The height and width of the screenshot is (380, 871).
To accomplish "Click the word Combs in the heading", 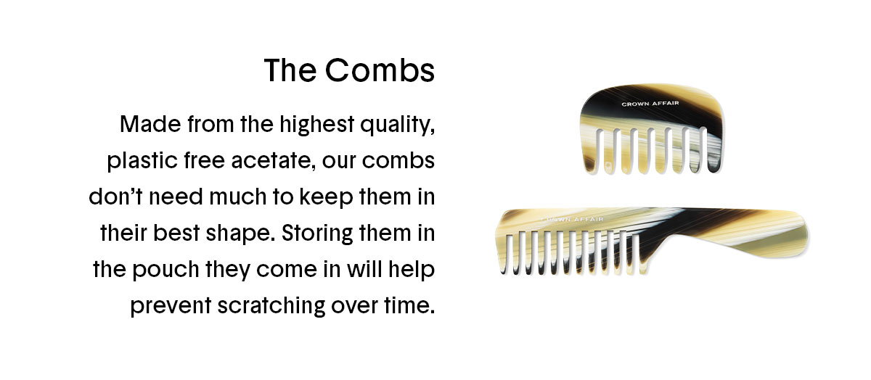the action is [380, 70].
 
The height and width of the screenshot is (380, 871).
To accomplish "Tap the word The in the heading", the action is [290, 70].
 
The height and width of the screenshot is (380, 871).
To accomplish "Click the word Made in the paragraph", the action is [150, 124].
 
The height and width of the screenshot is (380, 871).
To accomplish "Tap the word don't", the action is [116, 197].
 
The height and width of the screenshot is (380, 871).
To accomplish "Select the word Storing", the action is [317, 234].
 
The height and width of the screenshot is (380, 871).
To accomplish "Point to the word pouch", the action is [166, 270].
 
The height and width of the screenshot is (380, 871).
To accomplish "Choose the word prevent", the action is [171, 306].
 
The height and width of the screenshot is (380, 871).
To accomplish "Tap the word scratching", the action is [271, 306].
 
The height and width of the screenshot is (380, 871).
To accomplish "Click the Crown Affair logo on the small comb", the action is [650, 104].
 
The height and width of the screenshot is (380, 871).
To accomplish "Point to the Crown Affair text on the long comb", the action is [573, 220].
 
